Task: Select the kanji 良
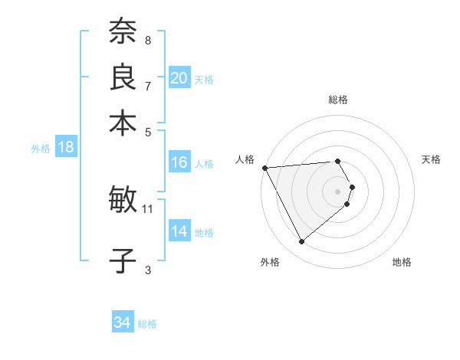[123, 77]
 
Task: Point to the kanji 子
[123, 260]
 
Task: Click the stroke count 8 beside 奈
[148, 40]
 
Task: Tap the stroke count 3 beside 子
[148, 269]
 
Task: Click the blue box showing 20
[179, 78]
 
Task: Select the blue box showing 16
[179, 162]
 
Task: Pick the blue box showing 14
[179, 231]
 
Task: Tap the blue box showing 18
[65, 148]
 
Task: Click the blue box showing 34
[123, 323]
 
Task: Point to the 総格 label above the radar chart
[338, 100]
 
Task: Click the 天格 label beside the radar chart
[431, 159]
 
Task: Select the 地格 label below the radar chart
[402, 262]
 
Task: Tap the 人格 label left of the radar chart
[245, 159]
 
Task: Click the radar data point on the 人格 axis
[264, 168]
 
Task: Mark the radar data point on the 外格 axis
[301, 241]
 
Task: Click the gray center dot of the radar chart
[338, 191]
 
